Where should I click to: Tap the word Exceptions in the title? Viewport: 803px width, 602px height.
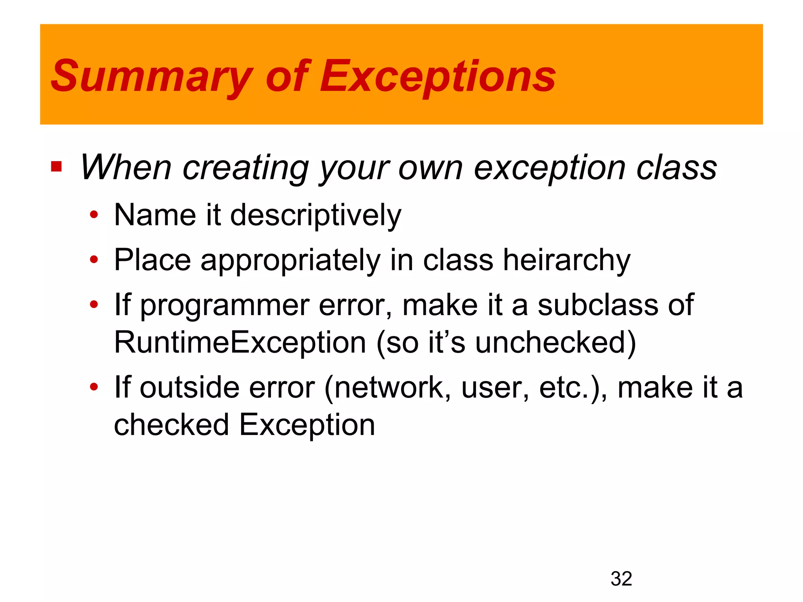pos(438,76)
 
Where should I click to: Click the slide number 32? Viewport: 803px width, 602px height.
pos(621,579)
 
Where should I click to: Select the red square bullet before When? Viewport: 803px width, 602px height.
pos(56,167)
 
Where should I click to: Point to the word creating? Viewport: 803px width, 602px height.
pos(245,169)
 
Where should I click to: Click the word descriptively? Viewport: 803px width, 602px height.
pos(316,216)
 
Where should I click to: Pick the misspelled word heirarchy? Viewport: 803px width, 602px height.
pos(567,261)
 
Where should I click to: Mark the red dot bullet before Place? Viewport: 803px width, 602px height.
pos(94,259)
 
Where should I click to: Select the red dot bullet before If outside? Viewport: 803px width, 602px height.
pos(94,387)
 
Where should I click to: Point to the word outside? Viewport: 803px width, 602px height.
pos(189,388)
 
